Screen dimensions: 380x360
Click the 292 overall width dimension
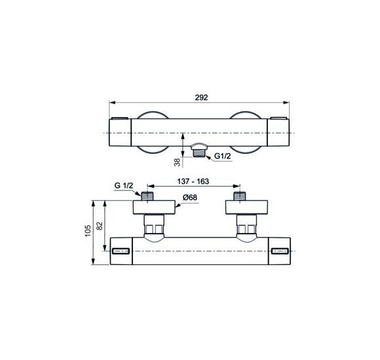201,98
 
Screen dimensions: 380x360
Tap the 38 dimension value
178,162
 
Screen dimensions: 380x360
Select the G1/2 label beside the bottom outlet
223,156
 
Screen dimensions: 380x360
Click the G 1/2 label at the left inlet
124,186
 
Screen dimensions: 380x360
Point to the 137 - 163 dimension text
193,181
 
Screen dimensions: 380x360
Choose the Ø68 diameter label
190,198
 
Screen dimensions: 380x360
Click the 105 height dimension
88,230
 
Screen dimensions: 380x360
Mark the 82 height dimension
100,226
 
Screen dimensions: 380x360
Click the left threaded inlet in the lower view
147,196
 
